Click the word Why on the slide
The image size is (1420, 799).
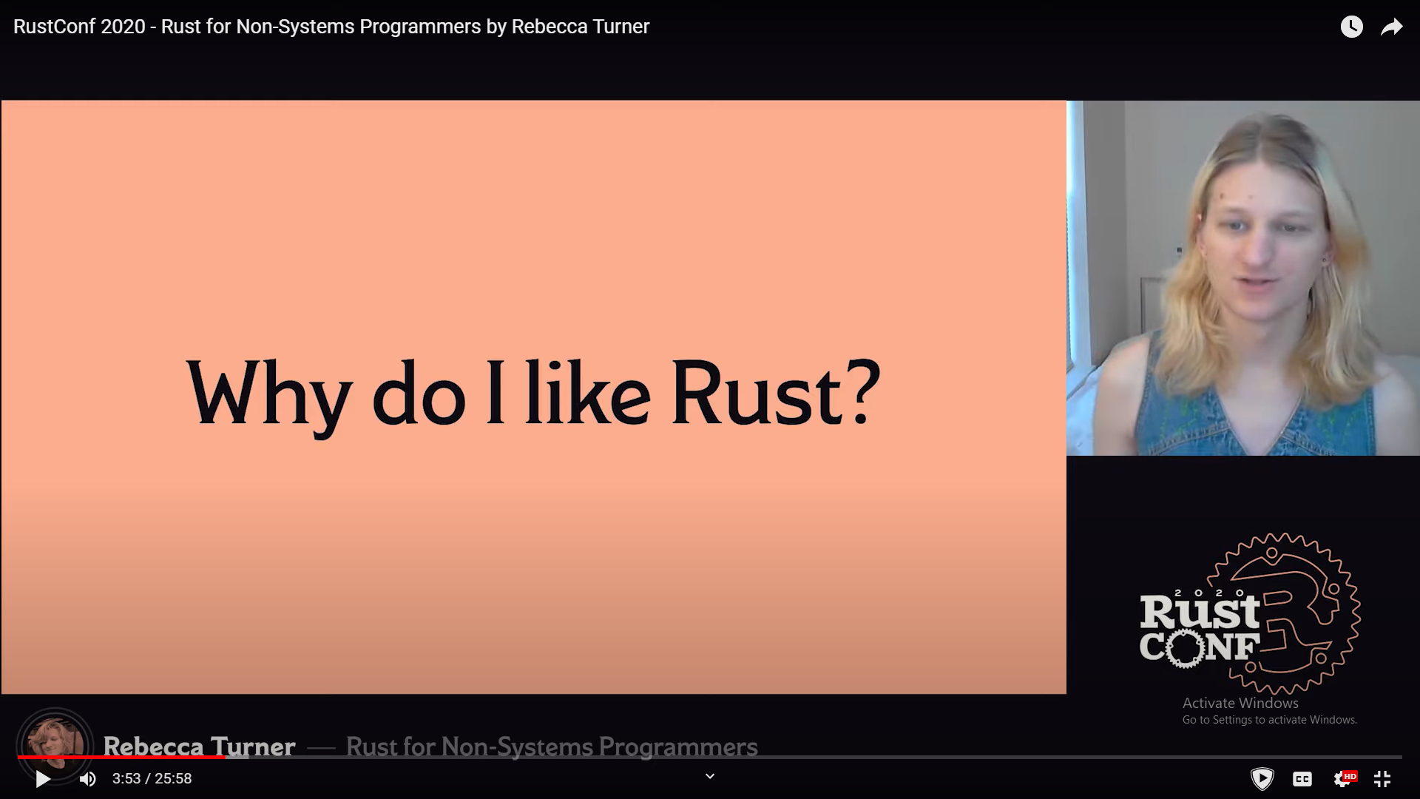(x=268, y=396)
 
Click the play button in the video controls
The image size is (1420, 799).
(x=43, y=779)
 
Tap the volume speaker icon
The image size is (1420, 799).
(x=88, y=779)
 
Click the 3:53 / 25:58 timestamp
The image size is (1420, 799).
(x=152, y=778)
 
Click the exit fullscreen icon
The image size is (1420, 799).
(x=1382, y=778)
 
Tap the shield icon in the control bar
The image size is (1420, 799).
(x=1262, y=778)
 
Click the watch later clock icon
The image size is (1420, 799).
(x=1351, y=27)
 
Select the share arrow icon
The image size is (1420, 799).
(x=1392, y=27)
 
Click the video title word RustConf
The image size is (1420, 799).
(x=54, y=27)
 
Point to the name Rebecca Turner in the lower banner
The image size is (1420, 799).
(x=199, y=746)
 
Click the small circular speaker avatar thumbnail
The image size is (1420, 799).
(x=55, y=745)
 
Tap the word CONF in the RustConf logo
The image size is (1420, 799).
(x=1200, y=647)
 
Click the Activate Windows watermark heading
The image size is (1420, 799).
(x=1240, y=703)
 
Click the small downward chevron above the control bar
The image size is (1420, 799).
(x=710, y=776)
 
